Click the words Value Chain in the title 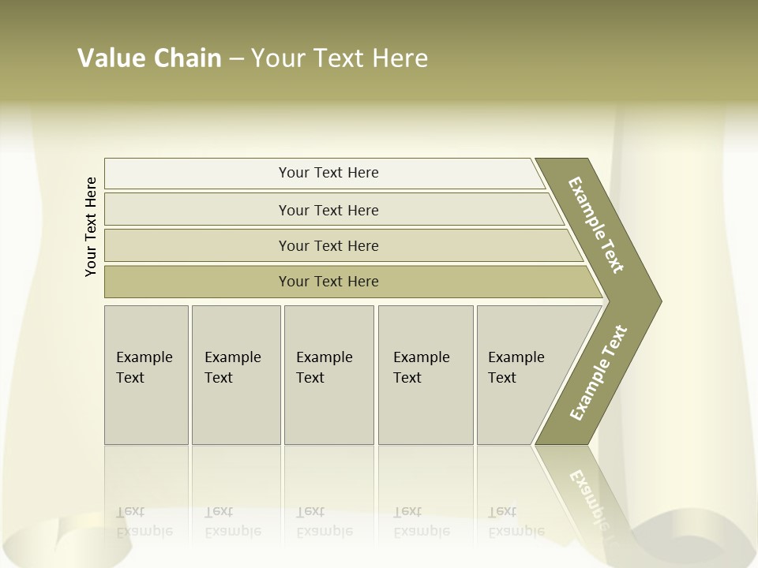tap(149, 58)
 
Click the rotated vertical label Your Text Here tap(91, 226)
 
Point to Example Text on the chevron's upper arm tap(596, 225)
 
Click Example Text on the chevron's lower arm tap(599, 372)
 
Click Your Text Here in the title tap(340, 58)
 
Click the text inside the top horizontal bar tap(328, 173)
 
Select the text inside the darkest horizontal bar tap(328, 282)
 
